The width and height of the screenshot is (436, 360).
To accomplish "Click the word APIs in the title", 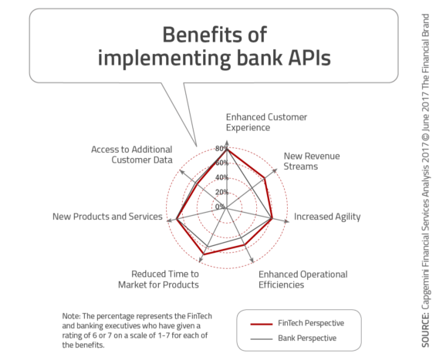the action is click(309, 58).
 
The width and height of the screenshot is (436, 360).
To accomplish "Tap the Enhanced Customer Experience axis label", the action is click(266, 123).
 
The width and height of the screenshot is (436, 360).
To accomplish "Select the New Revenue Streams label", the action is click(312, 161).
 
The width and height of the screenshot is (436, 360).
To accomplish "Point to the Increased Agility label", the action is click(327, 217).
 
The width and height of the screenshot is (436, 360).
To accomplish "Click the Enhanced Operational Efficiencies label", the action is click(302, 280).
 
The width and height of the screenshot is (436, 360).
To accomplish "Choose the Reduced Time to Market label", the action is click(158, 280).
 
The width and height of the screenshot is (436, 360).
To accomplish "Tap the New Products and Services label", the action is click(107, 217).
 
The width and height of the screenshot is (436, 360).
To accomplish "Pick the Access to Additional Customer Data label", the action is click(132, 154).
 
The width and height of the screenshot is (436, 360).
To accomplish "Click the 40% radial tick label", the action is click(221, 177).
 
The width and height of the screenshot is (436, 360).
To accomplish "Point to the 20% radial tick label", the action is click(221, 192).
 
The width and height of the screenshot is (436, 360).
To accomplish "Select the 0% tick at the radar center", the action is click(220, 207).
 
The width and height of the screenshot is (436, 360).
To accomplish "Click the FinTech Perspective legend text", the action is click(311, 323).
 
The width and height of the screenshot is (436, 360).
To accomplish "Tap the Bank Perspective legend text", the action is click(307, 338).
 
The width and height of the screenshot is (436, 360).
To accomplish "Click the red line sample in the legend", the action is click(262, 324).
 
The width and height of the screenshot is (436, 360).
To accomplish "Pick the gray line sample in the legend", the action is click(262, 339).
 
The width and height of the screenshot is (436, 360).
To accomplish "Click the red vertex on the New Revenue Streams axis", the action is click(265, 179).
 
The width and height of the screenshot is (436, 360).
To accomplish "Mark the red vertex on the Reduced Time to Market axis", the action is click(203, 254).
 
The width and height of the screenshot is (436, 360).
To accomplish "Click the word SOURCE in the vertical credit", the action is click(425, 330).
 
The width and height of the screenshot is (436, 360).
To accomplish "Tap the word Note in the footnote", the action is click(71, 316).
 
